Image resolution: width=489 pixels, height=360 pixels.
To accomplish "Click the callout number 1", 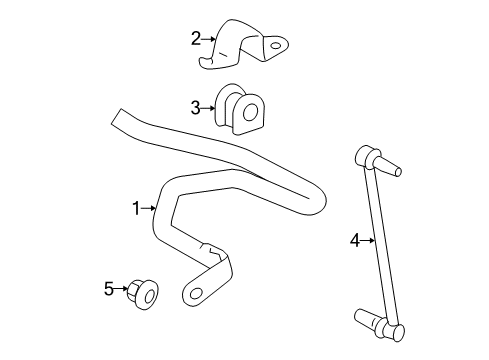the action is [x=137, y=208].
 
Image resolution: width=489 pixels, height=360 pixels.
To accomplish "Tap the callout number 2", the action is [x=197, y=39].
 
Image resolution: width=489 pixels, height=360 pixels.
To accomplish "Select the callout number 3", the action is [x=197, y=106].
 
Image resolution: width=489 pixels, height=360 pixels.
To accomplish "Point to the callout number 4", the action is [x=355, y=239].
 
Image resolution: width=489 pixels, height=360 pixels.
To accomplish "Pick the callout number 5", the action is [x=109, y=290].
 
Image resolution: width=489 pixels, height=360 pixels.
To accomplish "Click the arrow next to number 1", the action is [x=150, y=208].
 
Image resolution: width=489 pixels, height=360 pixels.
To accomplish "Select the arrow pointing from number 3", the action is [x=210, y=106].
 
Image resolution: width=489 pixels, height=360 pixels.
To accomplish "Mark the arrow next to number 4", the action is [x=368, y=239].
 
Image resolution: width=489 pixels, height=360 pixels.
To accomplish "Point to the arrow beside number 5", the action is [x=121, y=290].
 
